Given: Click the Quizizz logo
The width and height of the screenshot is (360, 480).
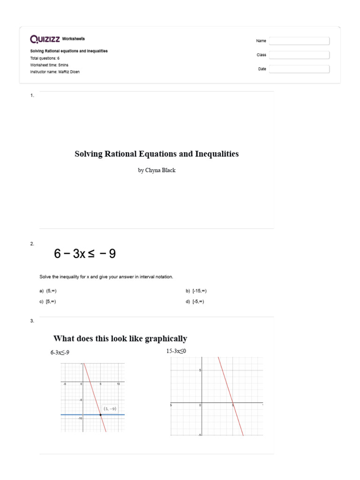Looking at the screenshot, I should coord(45,39).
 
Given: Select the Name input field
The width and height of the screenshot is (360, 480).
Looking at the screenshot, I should coord(299,41).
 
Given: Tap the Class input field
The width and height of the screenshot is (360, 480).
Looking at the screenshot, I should coord(299,55).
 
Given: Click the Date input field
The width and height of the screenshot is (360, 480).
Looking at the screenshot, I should coord(299,69).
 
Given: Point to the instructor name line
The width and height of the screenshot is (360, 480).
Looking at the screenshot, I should coord(52,72).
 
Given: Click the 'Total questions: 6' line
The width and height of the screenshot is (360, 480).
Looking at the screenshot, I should coord(45,58).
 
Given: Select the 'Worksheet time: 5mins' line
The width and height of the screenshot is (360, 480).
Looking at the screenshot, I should coord(50,65).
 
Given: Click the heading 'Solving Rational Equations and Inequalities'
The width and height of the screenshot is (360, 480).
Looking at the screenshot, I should coord(157,154).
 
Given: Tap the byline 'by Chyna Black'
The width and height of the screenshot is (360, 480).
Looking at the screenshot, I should coord(157,171).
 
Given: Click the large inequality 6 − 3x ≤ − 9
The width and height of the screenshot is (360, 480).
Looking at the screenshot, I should coord(85,254).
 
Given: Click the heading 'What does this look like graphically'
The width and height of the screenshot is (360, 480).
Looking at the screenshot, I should coord(120,338).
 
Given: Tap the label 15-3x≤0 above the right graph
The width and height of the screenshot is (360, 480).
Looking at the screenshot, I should coord(177,351).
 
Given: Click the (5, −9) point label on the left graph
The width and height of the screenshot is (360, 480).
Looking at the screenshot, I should coord(110,408).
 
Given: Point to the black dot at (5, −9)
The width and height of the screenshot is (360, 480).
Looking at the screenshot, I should coord(100,415).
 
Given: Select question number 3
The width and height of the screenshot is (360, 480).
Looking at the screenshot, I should coord(32,321).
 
